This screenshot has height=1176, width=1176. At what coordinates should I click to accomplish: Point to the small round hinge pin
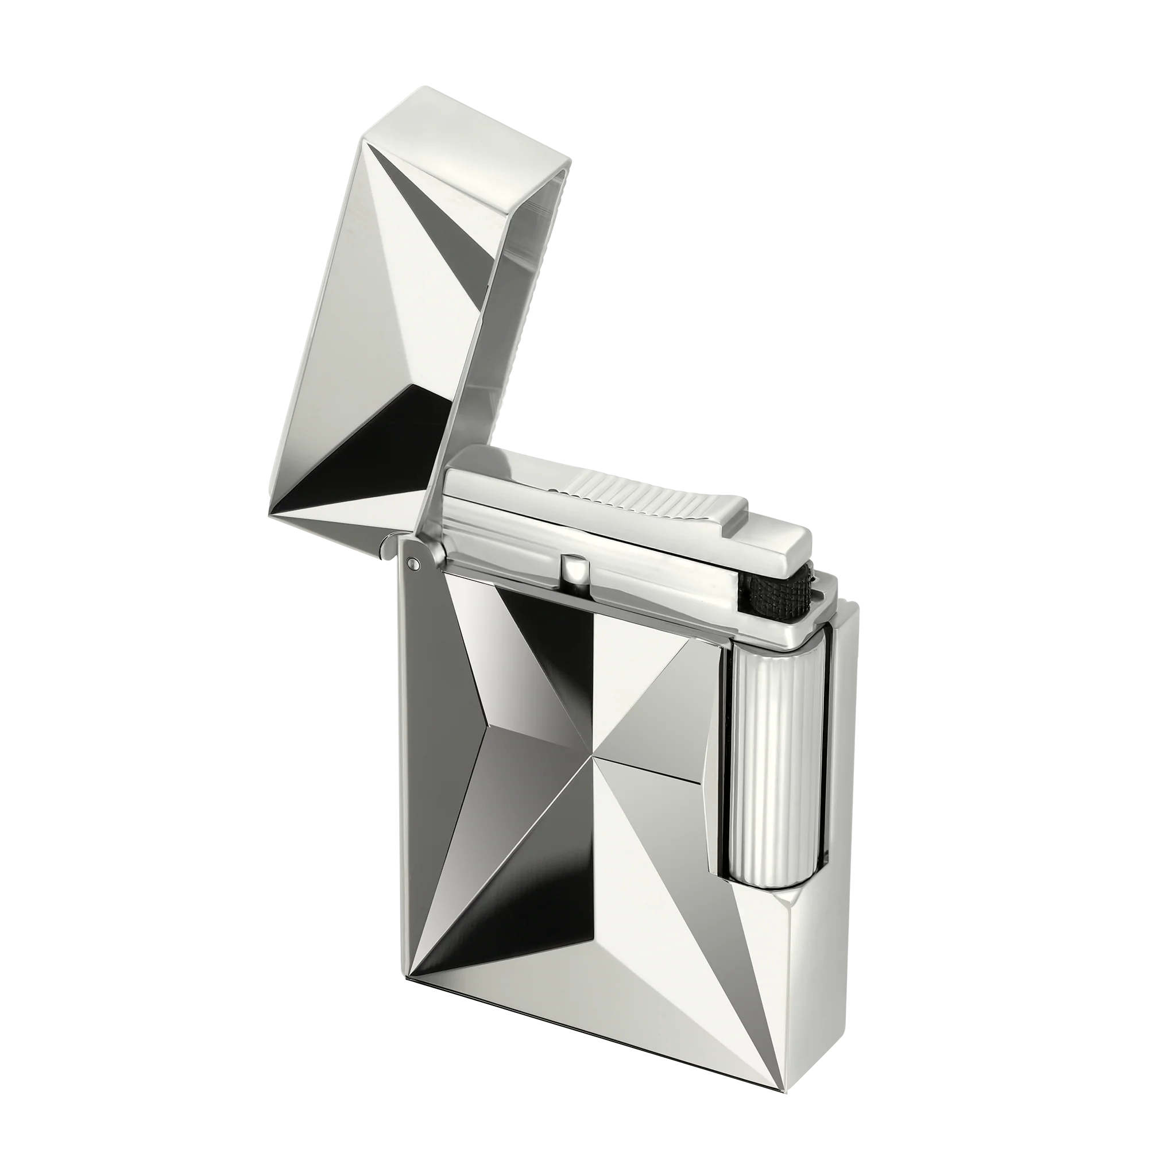(x=414, y=562)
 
